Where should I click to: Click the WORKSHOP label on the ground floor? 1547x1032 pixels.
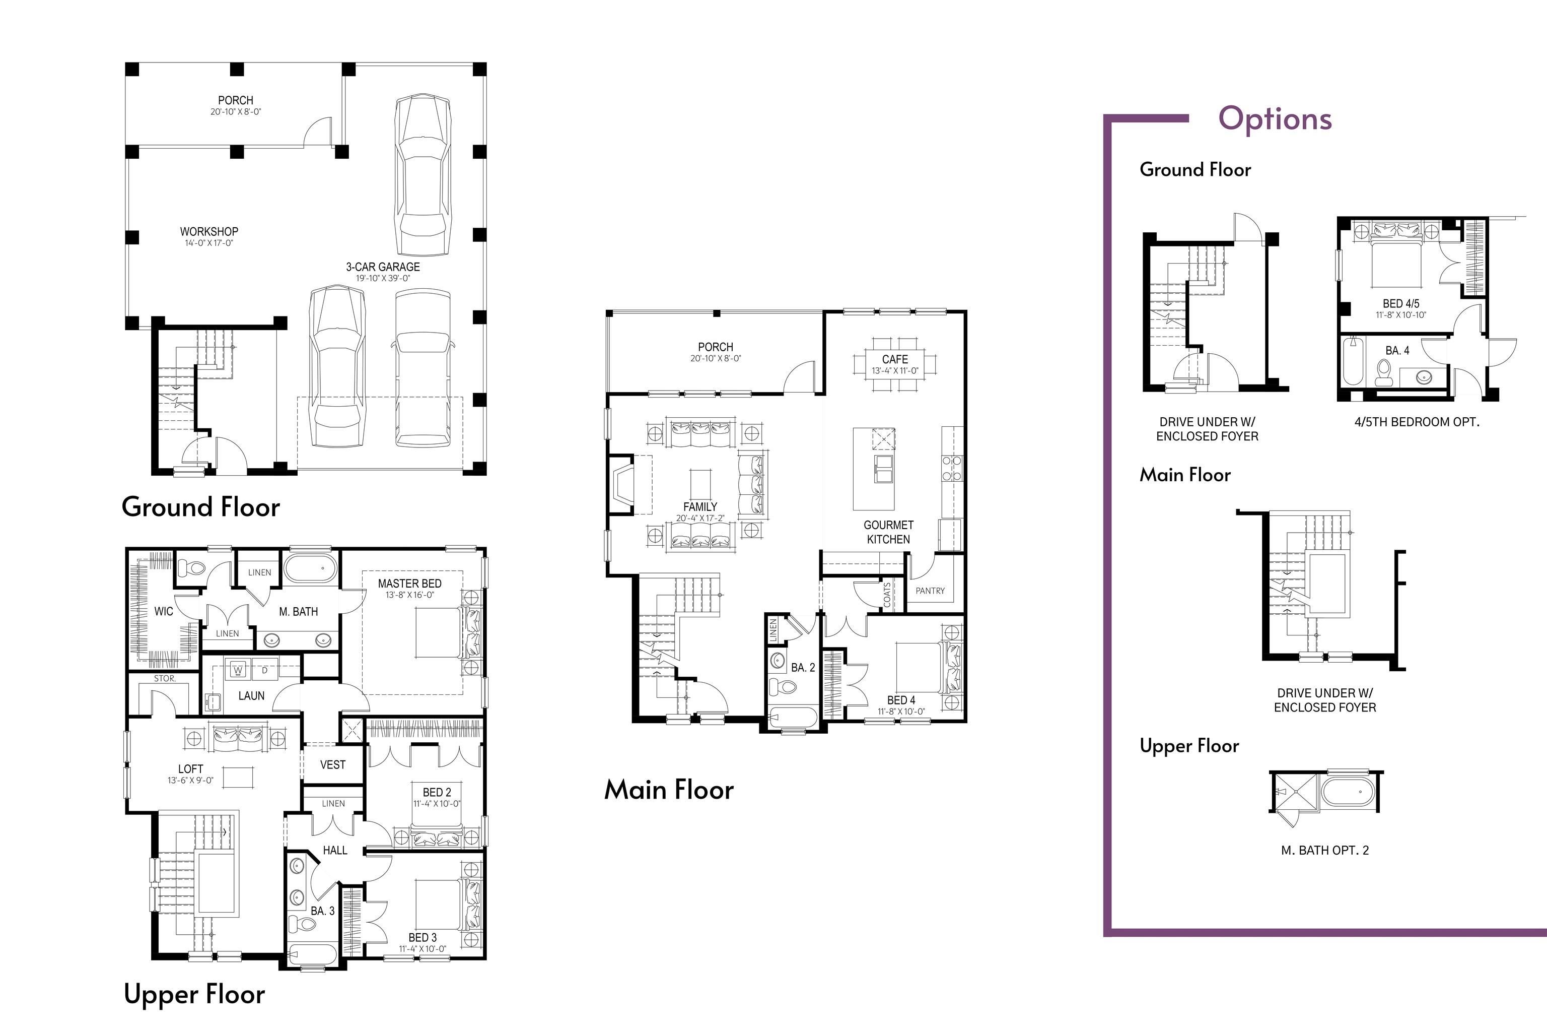209,232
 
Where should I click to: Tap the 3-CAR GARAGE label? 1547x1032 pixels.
383,267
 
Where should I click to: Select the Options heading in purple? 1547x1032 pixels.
1275,119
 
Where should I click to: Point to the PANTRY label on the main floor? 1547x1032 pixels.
930,591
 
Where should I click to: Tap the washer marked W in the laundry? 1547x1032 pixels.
238,671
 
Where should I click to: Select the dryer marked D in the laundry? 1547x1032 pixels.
265,671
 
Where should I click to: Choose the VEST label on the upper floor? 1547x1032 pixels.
333,765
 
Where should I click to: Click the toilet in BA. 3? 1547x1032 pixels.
303,925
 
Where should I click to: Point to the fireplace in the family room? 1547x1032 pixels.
621,484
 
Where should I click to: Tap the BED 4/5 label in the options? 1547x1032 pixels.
1401,304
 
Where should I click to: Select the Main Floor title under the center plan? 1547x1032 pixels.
669,790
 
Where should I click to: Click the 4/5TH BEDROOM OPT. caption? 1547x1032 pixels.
1417,422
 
